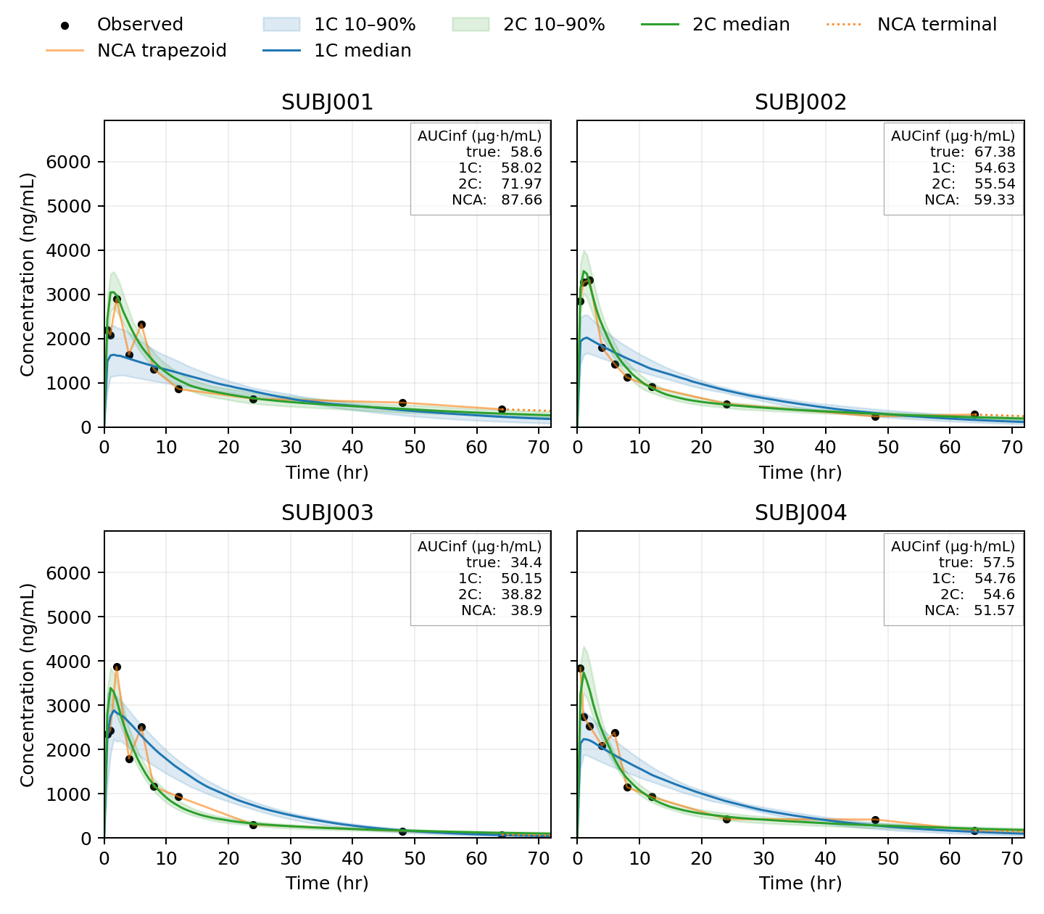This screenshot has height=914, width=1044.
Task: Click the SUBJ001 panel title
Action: point(327,103)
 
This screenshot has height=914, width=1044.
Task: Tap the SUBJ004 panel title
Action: point(800,514)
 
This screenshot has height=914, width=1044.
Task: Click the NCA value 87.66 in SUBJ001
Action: point(521,200)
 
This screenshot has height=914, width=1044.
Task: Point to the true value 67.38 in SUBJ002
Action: point(995,152)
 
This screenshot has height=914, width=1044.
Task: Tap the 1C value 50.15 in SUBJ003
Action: point(521,579)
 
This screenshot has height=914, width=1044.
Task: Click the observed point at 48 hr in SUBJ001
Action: point(402,403)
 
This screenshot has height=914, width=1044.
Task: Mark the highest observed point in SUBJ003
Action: point(117,667)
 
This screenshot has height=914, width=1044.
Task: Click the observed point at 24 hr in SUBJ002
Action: point(726,404)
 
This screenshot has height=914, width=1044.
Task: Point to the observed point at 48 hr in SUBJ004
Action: point(875,820)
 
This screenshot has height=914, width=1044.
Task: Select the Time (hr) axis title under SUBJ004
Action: point(800,883)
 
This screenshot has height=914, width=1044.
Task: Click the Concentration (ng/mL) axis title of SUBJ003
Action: point(28,685)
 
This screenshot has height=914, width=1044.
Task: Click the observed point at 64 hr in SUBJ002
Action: point(974,414)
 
